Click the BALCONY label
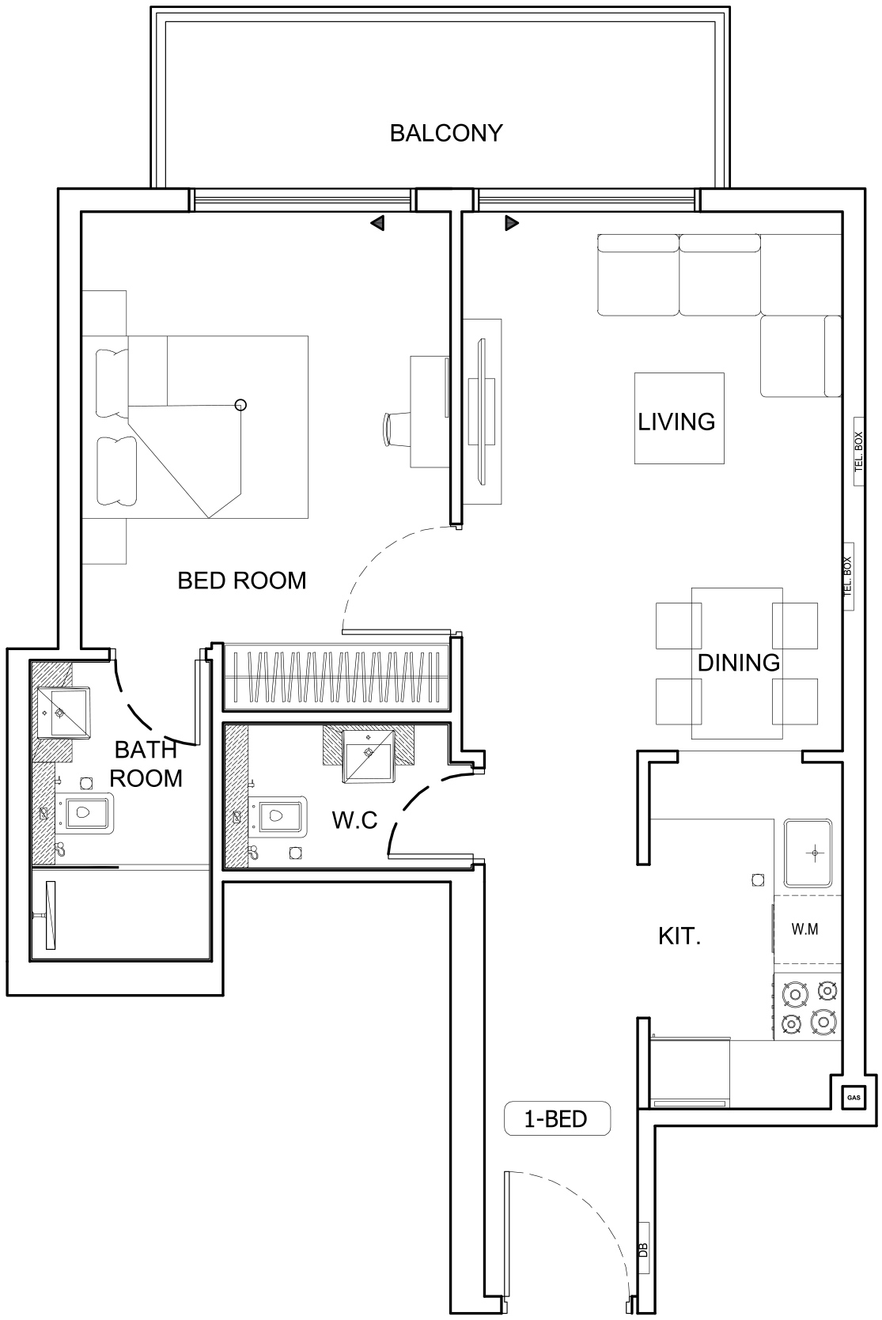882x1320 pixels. [x=446, y=133]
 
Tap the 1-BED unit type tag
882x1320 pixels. [x=556, y=1118]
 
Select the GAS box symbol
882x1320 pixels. [x=853, y=1098]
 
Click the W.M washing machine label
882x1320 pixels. [x=805, y=929]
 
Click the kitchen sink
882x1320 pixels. [x=808, y=853]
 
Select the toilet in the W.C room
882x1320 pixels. [x=277, y=815]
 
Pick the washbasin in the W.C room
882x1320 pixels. [x=369, y=756]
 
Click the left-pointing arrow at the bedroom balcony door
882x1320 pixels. [x=377, y=223]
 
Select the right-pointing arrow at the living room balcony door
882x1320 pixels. [x=512, y=223]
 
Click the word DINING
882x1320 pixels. [x=738, y=663]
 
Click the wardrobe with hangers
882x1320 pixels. [x=337, y=676]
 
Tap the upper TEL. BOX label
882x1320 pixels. [x=859, y=452]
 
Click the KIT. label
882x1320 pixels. [x=679, y=937]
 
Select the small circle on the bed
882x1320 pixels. [x=241, y=405]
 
